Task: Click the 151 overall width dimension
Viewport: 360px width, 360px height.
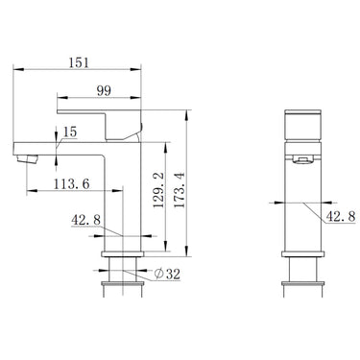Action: pos(79,62)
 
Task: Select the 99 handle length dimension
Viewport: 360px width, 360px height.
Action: pos(104,91)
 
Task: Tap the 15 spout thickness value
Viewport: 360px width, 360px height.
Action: pos(70,132)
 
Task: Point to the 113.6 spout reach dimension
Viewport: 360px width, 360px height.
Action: pos(71,184)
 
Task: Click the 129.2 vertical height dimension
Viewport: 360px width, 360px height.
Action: pos(158,190)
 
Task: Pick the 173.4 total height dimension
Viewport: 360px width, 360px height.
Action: pos(180,190)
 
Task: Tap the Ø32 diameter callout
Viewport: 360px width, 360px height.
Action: pos(167,274)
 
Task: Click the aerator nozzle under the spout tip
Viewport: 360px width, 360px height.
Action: pos(27,158)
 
